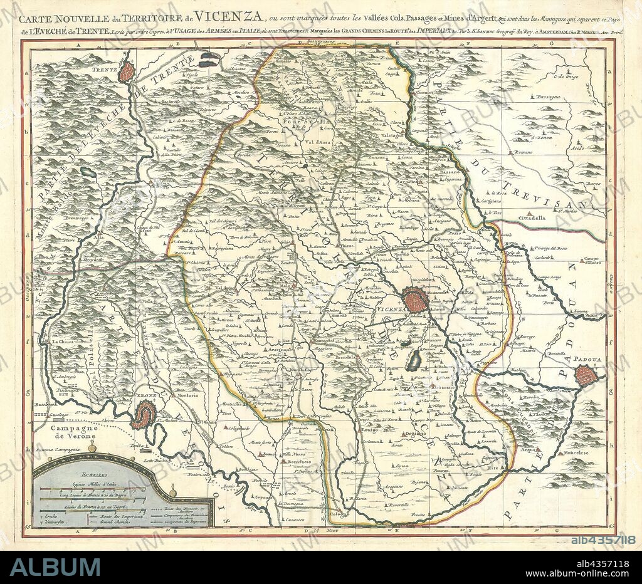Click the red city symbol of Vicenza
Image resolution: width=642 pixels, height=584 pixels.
[415, 300]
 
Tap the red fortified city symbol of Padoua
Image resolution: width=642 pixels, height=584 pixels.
[586, 375]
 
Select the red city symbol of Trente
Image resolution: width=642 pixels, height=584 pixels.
[127, 72]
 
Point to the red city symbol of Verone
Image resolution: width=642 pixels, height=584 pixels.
[144, 414]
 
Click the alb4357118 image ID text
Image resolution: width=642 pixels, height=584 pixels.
[603, 539]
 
